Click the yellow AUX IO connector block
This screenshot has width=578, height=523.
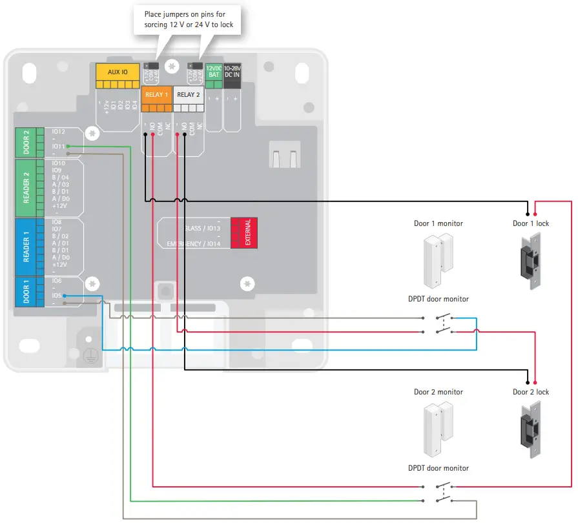tap(118, 73)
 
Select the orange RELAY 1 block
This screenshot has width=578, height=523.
tap(156, 95)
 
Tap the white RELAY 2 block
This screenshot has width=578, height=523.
tap(189, 95)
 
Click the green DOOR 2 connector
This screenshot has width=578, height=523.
tap(26, 142)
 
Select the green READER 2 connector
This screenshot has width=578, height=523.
tap(26, 188)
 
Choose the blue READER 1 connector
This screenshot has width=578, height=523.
tap(26, 246)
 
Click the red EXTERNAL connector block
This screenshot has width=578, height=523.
tap(244, 232)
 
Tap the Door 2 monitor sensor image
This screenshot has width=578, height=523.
tap(438, 429)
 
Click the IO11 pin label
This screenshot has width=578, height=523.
tap(58, 147)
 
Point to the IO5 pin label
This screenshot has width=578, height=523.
tap(57, 296)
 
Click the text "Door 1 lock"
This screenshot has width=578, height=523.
tap(531, 223)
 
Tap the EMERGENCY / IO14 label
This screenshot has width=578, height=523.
tap(193, 244)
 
